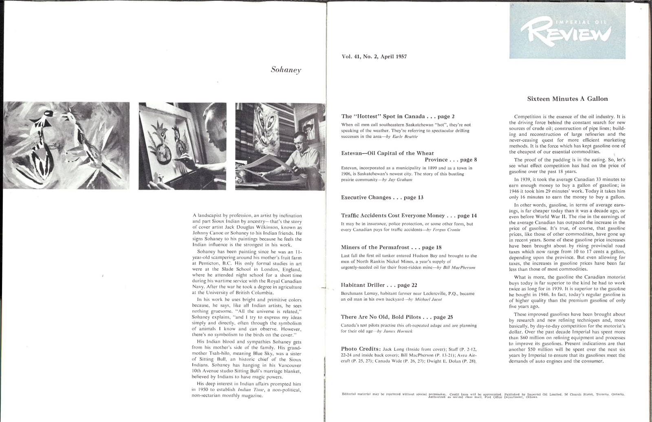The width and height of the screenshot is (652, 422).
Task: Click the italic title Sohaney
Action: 286,70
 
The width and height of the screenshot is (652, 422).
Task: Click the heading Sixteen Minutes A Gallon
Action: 567,99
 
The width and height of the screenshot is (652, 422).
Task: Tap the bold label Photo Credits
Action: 361,349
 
